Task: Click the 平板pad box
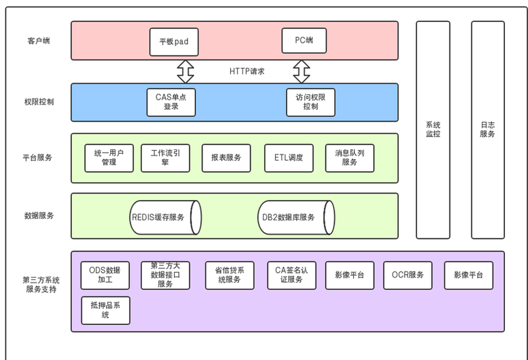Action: pos(174,41)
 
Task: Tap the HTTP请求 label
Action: pos(246,71)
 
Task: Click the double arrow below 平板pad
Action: pos(185,70)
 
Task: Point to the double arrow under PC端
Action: pos(302,70)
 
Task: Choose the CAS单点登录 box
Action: pos(171,102)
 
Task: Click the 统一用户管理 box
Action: pos(109,158)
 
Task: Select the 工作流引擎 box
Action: pos(165,158)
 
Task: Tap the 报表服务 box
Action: pos(226,158)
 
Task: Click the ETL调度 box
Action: pos(288,158)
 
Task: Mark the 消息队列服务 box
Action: pos(349,158)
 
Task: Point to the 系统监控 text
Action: pos(433,129)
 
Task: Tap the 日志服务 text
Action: pos(488,129)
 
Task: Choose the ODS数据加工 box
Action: pos(105,275)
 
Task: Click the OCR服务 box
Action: pos(408,275)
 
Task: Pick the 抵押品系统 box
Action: pos(105,310)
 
